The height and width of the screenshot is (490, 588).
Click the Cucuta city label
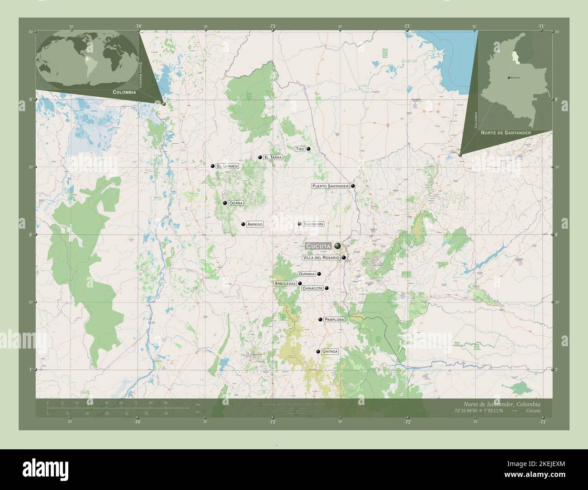(x=319, y=245)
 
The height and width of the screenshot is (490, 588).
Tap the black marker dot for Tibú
(x=308, y=149)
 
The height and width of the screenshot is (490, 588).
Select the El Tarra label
(x=273, y=157)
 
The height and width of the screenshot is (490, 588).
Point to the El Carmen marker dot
(x=213, y=166)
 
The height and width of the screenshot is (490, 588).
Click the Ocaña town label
(x=236, y=203)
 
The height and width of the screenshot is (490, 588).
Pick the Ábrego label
(x=255, y=224)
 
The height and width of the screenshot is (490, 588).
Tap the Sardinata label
(x=313, y=224)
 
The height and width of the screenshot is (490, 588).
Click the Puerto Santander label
(x=330, y=186)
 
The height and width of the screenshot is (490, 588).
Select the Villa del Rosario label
(x=321, y=258)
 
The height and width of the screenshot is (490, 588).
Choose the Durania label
(x=306, y=274)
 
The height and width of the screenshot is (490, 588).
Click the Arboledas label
(x=285, y=283)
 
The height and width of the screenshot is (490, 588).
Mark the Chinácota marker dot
(x=326, y=288)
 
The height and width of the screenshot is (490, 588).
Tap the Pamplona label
(x=334, y=320)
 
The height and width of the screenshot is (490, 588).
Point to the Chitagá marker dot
(x=318, y=352)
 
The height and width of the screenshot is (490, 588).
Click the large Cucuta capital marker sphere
(x=338, y=245)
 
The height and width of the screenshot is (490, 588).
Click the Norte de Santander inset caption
(x=506, y=132)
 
